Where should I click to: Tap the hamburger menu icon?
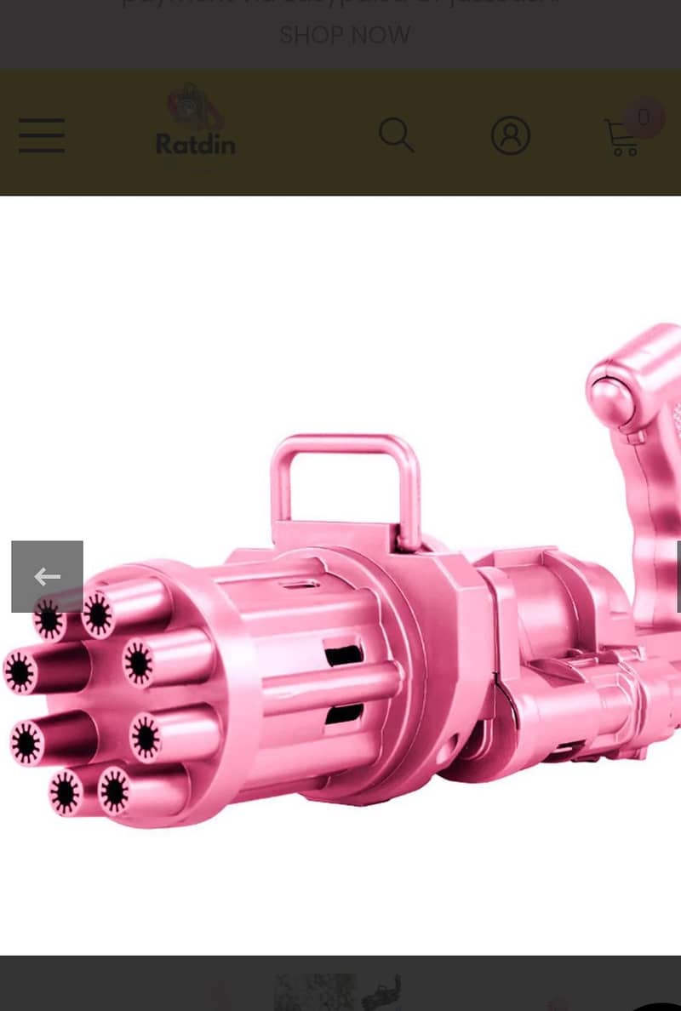[x=42, y=135]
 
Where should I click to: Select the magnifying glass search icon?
[x=396, y=135]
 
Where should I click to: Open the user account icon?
[x=511, y=135]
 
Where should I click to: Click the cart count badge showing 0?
[x=644, y=117]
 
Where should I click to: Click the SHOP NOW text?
[x=345, y=35]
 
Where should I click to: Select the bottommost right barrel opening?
[x=113, y=791]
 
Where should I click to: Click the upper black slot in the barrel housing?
[x=343, y=655]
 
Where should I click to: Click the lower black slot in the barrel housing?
[x=343, y=713]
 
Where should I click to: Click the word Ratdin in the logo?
[x=195, y=143]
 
